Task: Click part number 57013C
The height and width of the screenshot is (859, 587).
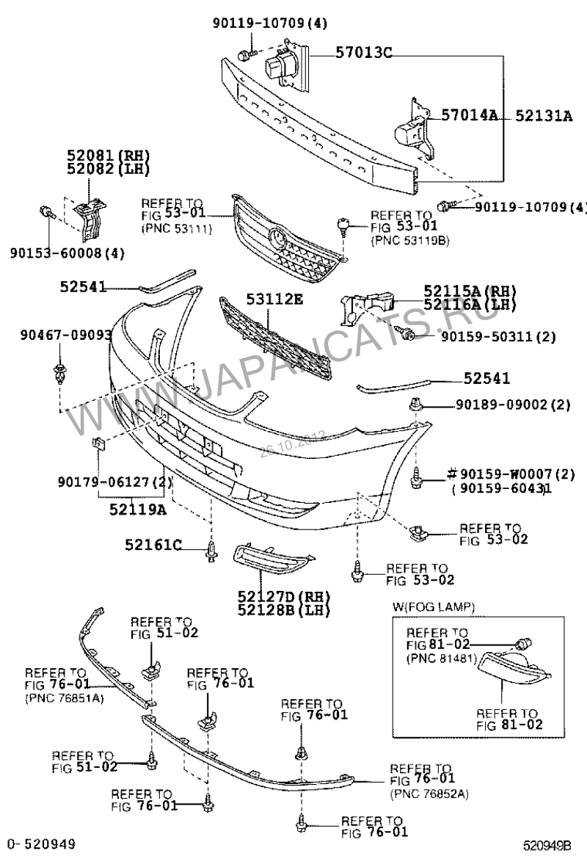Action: point(365,52)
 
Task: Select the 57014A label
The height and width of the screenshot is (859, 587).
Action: point(470,115)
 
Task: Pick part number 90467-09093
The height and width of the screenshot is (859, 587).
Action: point(66,336)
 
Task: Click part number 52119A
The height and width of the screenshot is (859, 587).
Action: point(134,507)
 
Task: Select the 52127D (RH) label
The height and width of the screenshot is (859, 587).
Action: point(283,595)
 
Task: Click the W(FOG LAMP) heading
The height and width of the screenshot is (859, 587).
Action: point(433,606)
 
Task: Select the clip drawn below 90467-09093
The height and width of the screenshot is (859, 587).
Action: point(59,374)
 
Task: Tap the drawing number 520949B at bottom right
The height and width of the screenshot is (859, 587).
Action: point(552,846)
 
